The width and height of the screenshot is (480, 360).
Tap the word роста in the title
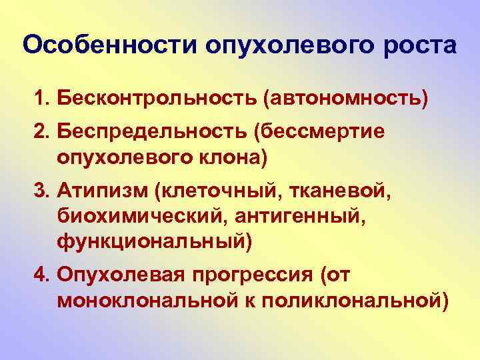pyautogui.click(x=421, y=47)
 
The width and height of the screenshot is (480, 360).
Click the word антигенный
pyautogui.click(x=294, y=217)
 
